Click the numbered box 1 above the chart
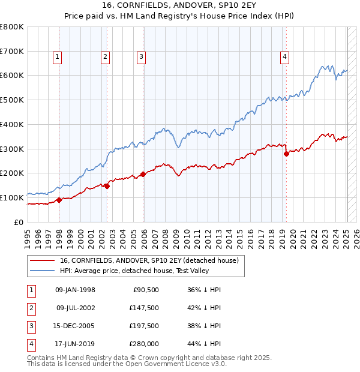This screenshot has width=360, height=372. (57, 57)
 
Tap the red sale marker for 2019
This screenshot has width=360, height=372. (286, 154)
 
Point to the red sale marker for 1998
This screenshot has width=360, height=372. (59, 200)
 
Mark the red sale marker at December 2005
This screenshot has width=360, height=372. (143, 174)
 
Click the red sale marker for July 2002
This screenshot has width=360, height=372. (107, 186)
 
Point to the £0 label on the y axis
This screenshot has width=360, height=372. (19, 222)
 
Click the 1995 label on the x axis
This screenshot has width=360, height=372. (27, 236)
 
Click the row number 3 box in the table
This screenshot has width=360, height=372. (30, 326)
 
